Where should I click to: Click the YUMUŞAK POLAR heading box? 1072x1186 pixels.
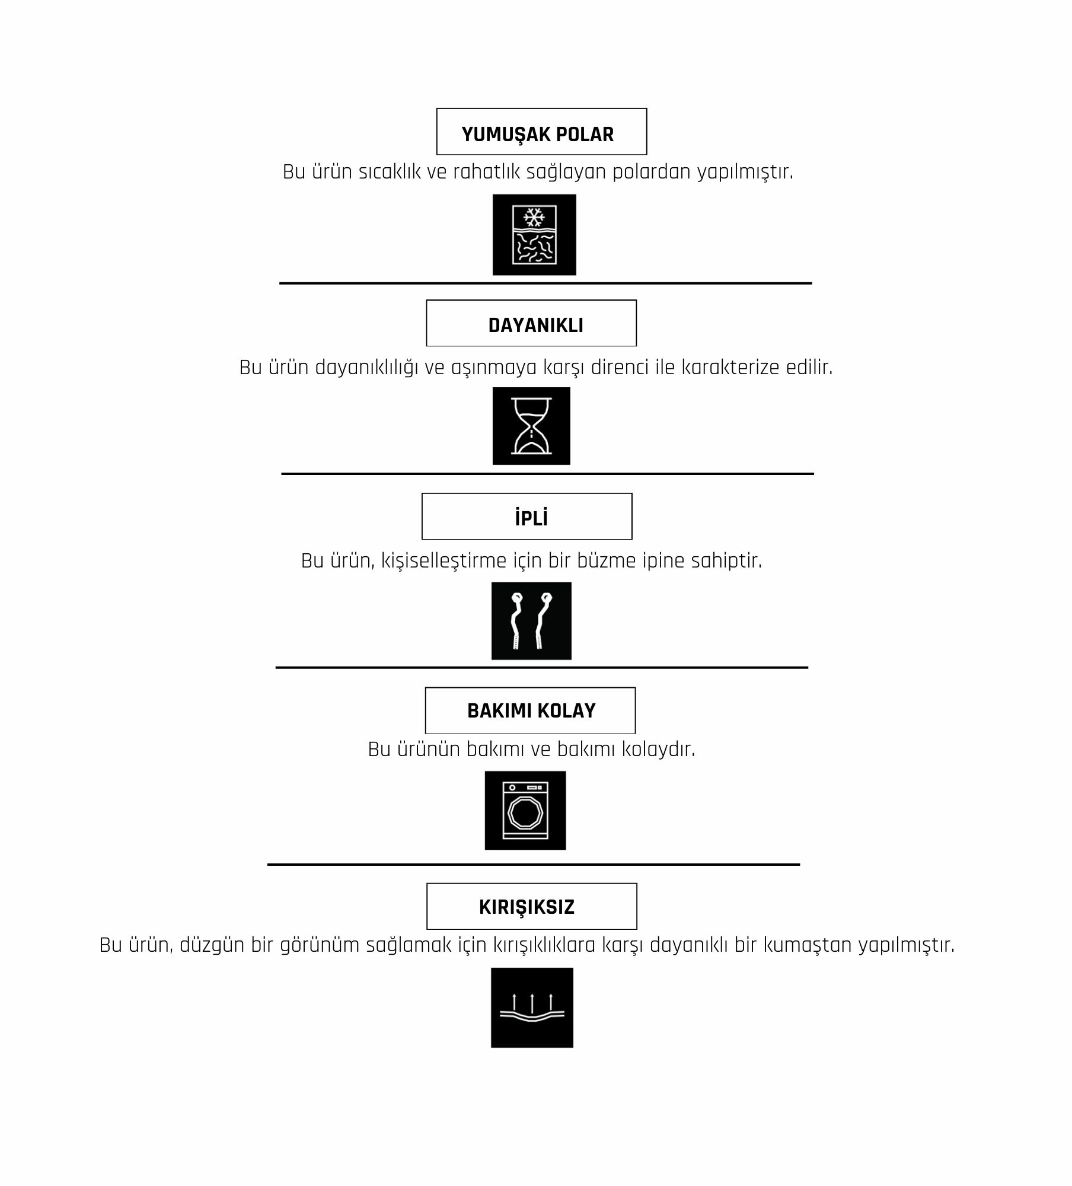pos(541,132)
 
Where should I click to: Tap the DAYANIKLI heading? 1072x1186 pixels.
pos(531,323)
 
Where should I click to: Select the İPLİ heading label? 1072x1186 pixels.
pos(527,517)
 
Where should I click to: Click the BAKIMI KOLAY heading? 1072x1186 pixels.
pos(530,710)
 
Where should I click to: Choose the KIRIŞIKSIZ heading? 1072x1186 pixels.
pos(531,906)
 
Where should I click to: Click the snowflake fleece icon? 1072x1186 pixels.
pos(534,235)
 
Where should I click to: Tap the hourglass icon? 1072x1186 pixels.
pos(531,426)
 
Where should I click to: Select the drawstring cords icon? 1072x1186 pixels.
pos(531,621)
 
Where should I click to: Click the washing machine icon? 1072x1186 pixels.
pos(525,811)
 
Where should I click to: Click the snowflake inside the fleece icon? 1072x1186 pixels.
pos(534,217)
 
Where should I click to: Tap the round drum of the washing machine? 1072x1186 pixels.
pos(525,814)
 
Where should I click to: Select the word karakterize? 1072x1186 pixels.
pos(730,367)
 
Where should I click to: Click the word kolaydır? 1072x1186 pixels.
pos(658,749)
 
